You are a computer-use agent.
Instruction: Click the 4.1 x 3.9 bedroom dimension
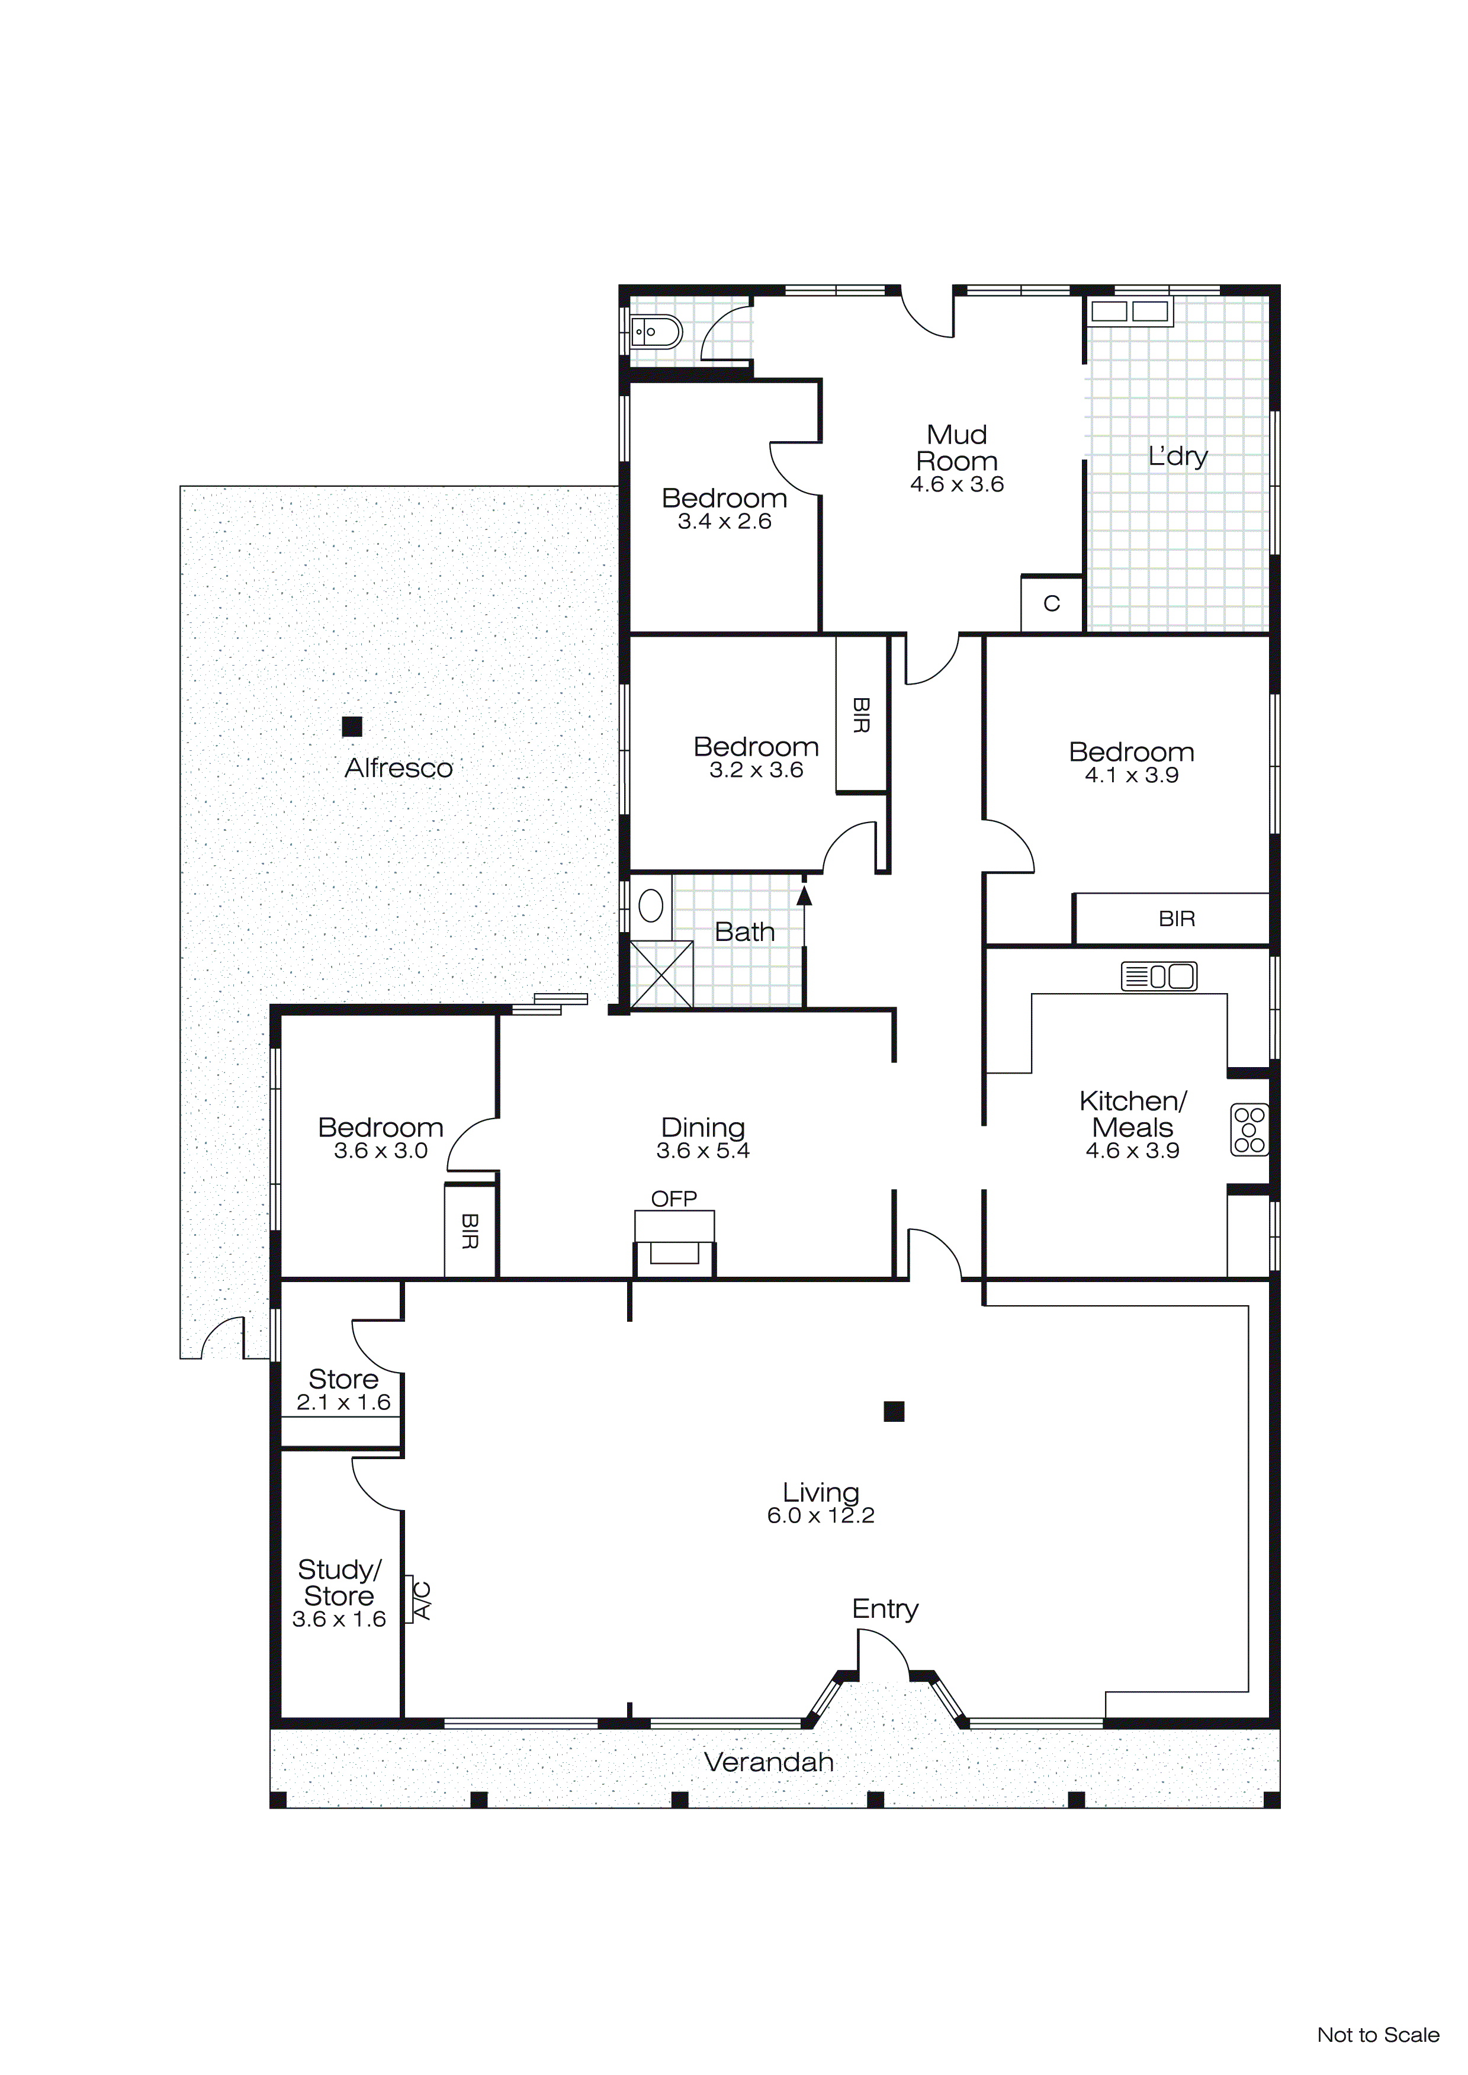click(1131, 775)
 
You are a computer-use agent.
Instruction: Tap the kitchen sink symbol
click(1159, 976)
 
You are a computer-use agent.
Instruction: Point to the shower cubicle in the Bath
click(661, 974)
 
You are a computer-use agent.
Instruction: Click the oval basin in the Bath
click(651, 905)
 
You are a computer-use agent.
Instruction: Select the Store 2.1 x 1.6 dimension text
click(343, 1403)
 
